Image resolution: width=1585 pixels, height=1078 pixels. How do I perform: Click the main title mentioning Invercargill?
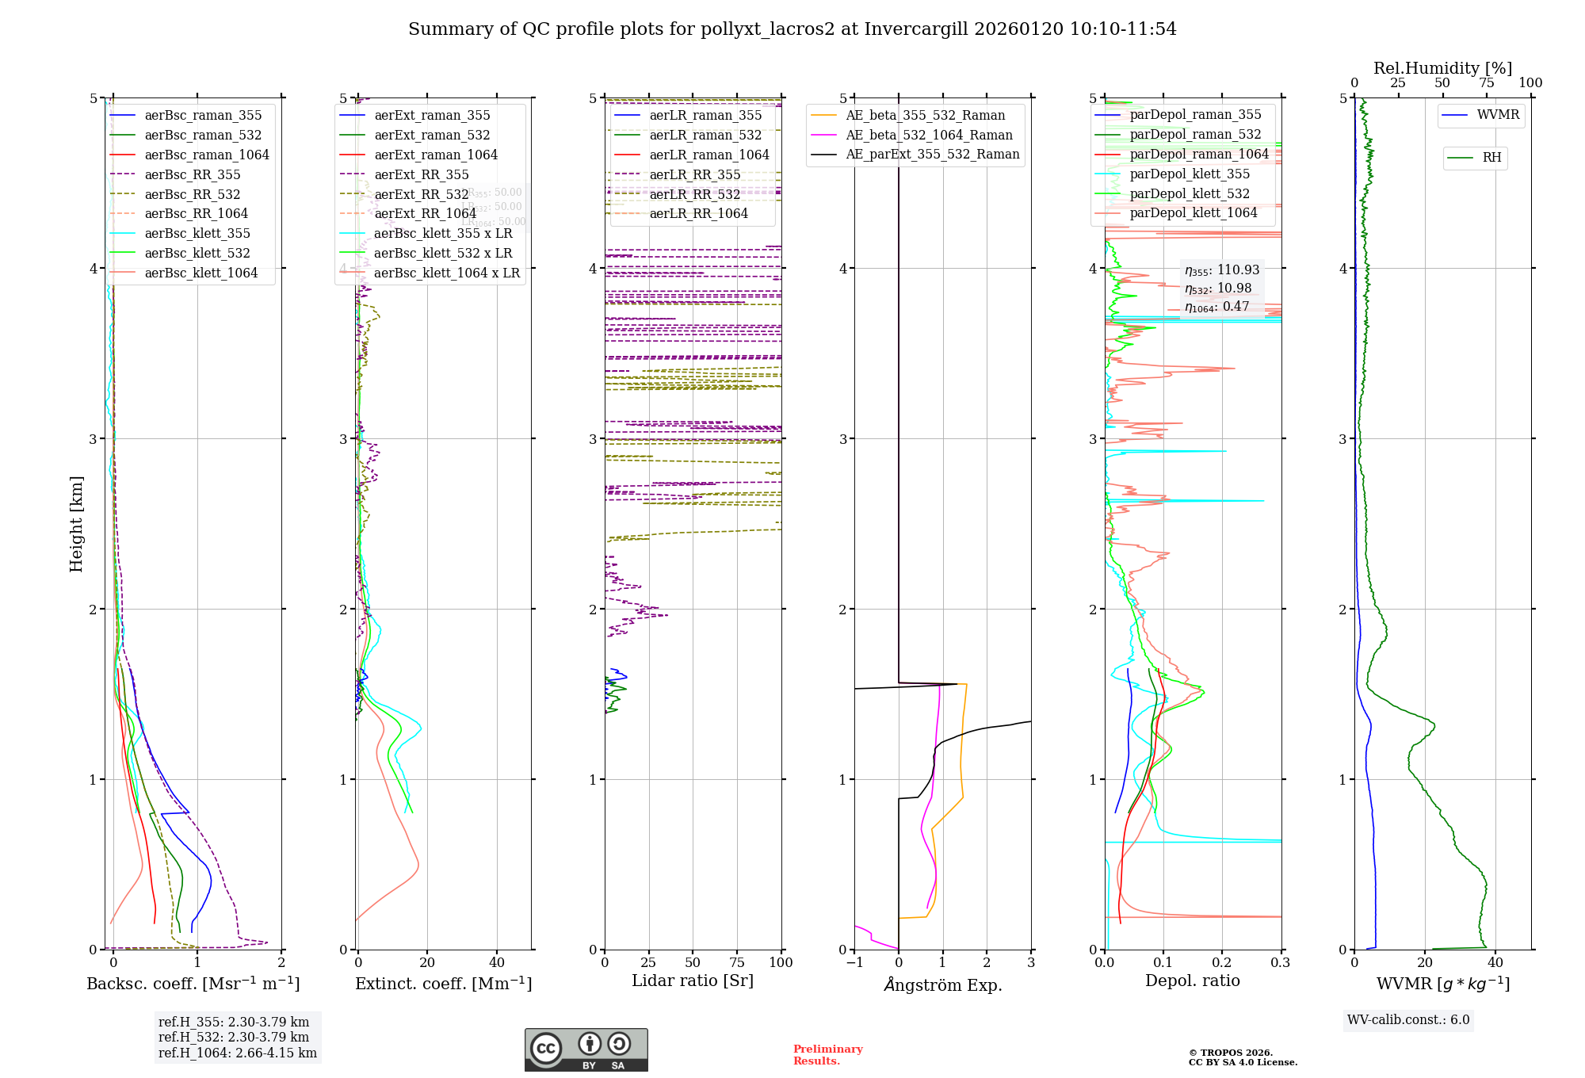(792, 29)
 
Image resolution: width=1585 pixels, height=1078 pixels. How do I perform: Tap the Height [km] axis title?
(76, 524)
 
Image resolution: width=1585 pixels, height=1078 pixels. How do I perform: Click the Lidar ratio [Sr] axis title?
(692, 981)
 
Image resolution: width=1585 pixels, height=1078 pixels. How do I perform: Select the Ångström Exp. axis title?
(942, 984)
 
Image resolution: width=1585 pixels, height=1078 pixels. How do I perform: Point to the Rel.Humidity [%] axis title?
(1442, 68)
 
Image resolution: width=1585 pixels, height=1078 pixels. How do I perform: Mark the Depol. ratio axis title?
(1192, 981)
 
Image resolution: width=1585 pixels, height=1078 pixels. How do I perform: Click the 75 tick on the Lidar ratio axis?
(737, 962)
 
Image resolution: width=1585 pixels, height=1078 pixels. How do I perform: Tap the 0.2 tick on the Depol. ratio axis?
(1222, 962)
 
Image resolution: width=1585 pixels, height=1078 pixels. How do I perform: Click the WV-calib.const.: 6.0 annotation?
(1407, 1020)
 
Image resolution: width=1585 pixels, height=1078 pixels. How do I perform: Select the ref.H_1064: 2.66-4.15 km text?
(237, 1053)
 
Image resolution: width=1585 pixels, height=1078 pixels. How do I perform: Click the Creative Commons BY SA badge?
(586, 1050)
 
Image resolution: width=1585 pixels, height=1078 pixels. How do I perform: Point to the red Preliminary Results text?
(827, 1055)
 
